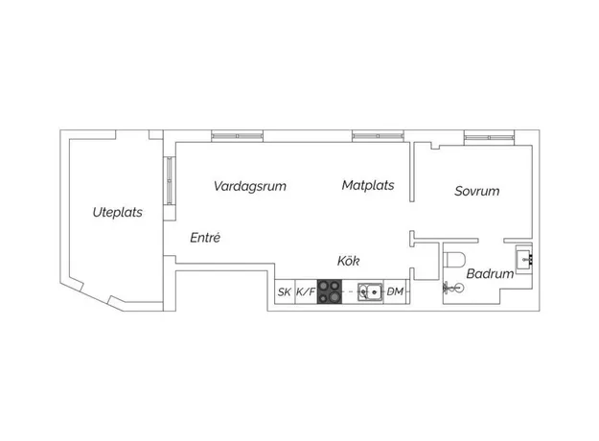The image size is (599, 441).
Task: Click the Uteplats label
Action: coord(118,212)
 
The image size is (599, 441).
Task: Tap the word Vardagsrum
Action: coord(250,186)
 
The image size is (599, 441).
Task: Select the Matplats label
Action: coord(368,185)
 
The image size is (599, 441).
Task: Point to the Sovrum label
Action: coord(476,191)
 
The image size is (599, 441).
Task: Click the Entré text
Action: coord(205,238)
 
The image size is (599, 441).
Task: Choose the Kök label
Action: coord(348,261)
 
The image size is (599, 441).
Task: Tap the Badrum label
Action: coord(490,273)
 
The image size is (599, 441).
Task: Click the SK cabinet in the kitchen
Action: coord(285,292)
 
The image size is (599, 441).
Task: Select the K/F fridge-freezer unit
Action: coord(306,292)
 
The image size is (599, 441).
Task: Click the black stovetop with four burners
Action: coord(330,292)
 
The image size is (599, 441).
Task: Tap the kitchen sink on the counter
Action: coord(370,292)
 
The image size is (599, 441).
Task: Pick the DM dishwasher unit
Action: coord(396,292)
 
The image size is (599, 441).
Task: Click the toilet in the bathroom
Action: coord(454,260)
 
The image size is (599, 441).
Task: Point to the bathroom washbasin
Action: coord(524,260)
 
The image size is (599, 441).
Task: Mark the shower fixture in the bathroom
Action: coord(453,288)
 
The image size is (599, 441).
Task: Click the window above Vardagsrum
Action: coord(238,136)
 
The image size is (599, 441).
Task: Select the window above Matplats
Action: coord(378,136)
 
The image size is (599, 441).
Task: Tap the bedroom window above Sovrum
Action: coord(490,138)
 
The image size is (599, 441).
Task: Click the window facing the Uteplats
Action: coord(170,181)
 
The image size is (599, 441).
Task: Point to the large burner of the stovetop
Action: coord(334,296)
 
